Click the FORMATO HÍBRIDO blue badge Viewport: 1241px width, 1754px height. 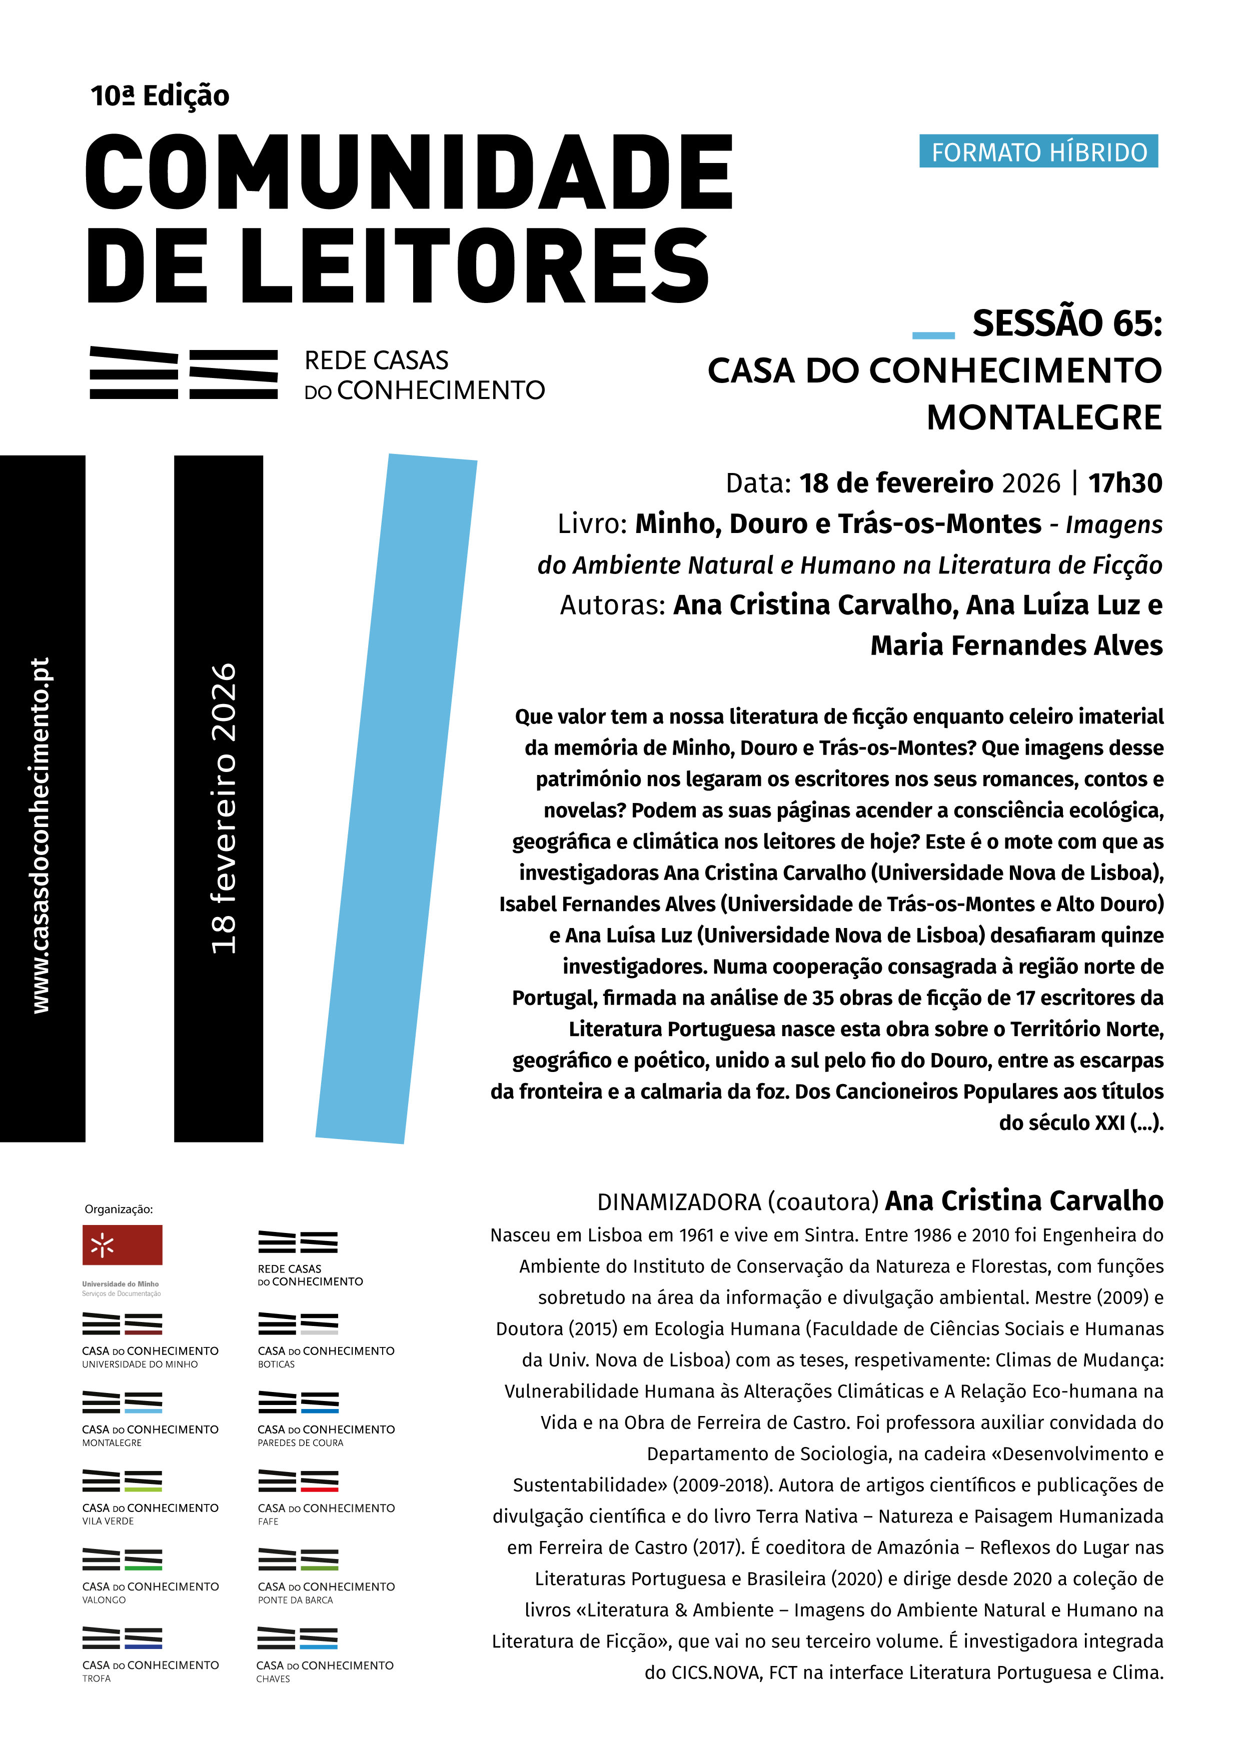coord(1038,151)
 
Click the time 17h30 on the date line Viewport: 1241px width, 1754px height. coord(1125,483)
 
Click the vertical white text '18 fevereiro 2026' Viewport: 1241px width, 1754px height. coord(223,807)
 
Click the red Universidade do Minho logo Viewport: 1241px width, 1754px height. coord(122,1244)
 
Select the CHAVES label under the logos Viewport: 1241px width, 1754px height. coord(273,1678)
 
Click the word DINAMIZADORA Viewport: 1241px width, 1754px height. coord(679,1201)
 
